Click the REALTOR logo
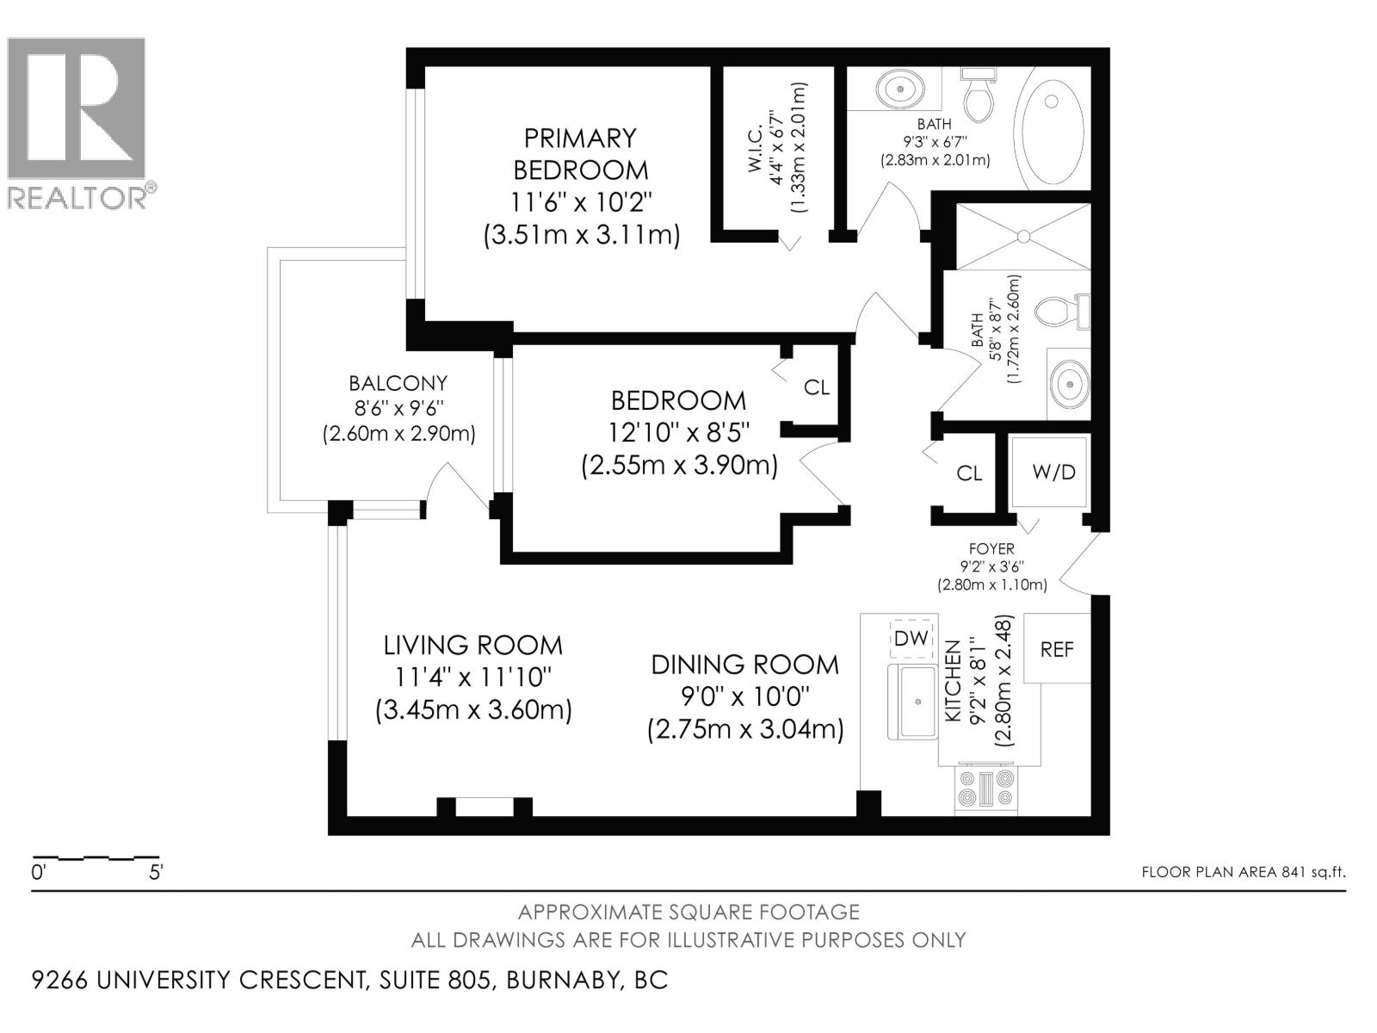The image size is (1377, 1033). coord(82,123)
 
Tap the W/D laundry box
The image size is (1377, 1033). coord(1049,472)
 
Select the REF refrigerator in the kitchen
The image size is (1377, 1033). coord(1057,648)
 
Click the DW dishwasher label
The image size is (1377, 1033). coord(911,639)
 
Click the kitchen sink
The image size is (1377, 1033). coord(913,702)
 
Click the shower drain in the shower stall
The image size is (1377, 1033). coord(1023,236)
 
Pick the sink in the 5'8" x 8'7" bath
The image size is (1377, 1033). coord(1070,383)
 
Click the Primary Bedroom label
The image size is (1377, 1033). coord(580,154)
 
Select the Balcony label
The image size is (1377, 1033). coord(398,382)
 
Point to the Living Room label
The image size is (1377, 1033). coord(473,645)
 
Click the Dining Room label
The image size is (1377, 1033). coord(745,665)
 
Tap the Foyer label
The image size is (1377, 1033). coord(991,549)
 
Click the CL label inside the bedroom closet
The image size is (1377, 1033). coord(816,387)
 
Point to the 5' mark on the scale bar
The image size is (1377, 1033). coord(156,872)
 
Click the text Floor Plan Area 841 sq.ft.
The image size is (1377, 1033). coord(1243,872)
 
